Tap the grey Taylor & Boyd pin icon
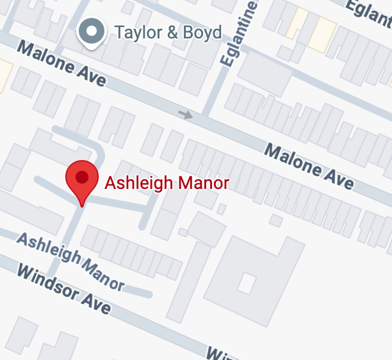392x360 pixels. click(x=92, y=32)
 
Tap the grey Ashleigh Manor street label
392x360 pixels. click(x=70, y=260)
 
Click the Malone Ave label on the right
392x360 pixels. click(x=309, y=166)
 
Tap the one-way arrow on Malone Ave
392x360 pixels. click(x=186, y=115)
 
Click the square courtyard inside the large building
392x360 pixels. click(x=247, y=282)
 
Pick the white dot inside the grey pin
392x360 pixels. click(x=92, y=30)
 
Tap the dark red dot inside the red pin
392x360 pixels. click(x=82, y=176)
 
